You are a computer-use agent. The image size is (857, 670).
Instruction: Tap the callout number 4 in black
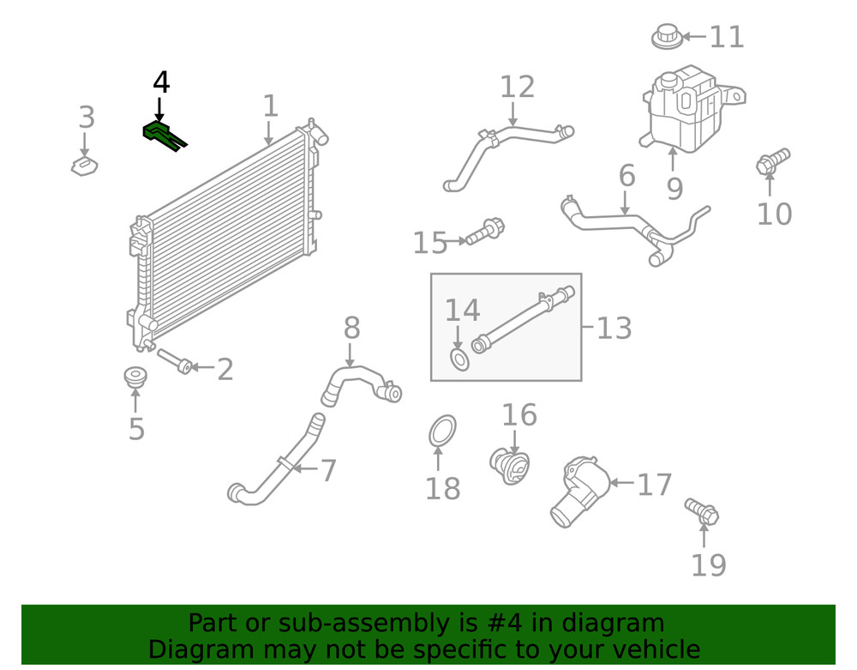point(161,83)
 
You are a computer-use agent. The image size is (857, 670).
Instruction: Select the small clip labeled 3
point(83,165)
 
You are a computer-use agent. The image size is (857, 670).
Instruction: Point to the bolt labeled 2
point(174,362)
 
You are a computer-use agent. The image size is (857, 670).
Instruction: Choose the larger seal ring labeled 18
point(442,432)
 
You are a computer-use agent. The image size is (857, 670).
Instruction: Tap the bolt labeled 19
point(702,511)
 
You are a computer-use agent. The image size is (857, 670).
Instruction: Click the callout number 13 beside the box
point(614,328)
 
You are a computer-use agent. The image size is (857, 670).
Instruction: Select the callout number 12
point(517,87)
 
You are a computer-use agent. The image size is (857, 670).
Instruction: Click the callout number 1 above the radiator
point(270,106)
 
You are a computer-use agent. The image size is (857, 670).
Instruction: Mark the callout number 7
point(328,470)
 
